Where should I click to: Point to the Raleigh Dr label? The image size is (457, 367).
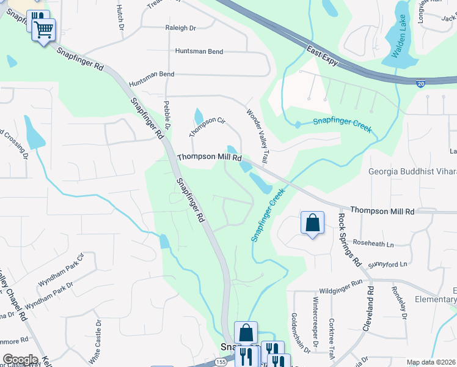pos(180,28)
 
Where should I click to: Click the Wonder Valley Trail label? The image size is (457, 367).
pos(257,136)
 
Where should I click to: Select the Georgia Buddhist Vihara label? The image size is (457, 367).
pos(412,172)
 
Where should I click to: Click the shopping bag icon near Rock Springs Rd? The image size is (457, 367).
pos(312,223)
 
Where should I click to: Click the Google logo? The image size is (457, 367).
pos(20,359)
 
